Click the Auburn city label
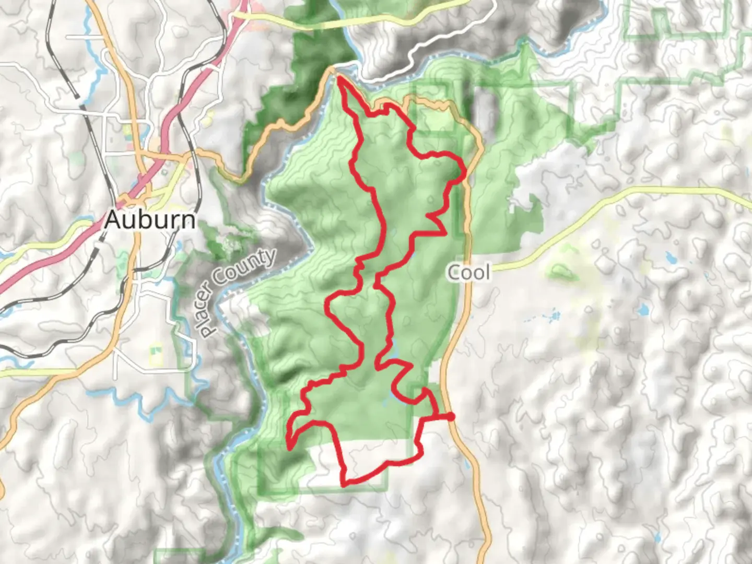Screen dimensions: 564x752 tap(150, 219)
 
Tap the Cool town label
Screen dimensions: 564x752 tap(469, 272)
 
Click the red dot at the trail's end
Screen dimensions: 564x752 tap(450, 416)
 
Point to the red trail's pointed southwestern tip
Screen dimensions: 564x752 tap(289, 448)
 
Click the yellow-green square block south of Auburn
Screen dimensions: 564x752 tap(156, 351)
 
